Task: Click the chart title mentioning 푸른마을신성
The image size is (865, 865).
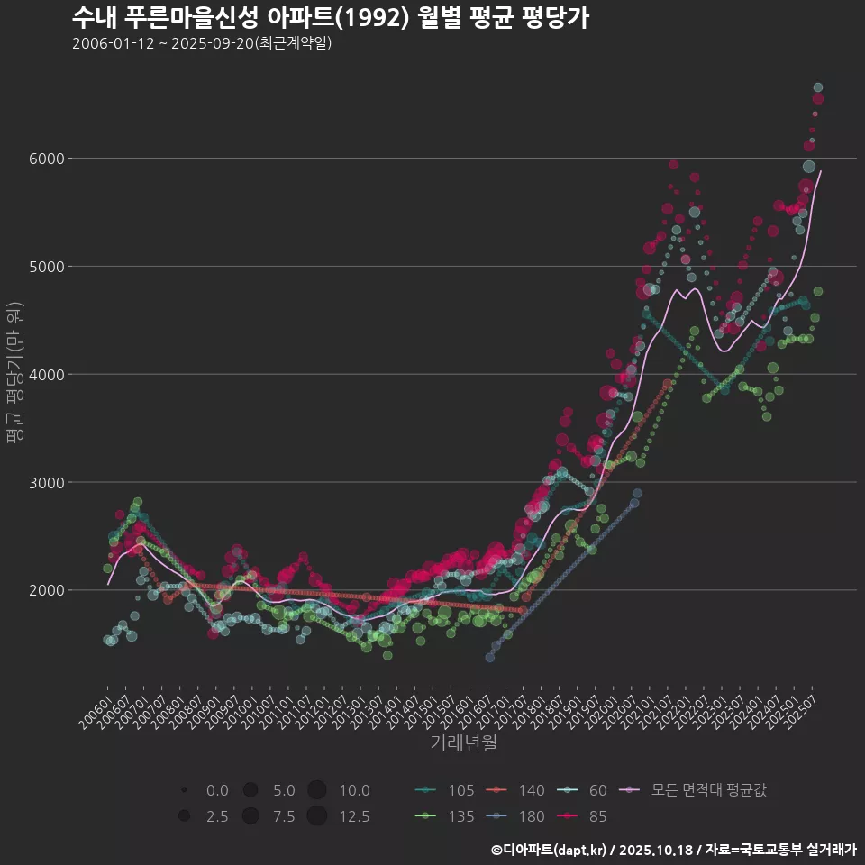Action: (330, 18)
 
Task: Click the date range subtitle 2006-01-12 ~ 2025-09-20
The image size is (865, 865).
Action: (202, 43)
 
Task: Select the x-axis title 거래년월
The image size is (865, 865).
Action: (463, 743)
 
